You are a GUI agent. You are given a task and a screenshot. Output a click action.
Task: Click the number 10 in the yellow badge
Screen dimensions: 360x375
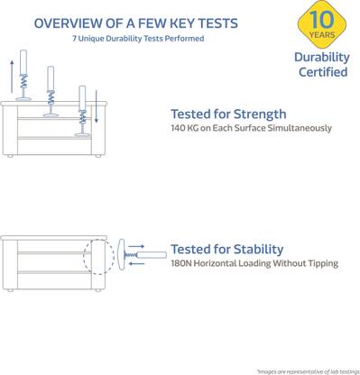(x=321, y=20)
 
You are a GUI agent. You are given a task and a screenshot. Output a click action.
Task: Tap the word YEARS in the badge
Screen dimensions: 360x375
(x=322, y=35)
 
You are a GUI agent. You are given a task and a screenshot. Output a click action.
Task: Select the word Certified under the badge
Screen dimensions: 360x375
(x=323, y=72)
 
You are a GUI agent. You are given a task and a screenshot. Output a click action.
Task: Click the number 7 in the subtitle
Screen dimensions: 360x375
(x=74, y=39)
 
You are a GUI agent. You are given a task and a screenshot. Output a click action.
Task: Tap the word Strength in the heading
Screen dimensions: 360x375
(x=260, y=114)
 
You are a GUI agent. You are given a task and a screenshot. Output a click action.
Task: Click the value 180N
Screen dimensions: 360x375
(x=181, y=263)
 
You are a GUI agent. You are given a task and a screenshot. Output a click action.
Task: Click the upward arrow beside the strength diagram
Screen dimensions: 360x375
(x=12, y=77)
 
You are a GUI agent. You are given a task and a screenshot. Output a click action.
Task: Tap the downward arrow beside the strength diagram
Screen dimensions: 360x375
(x=97, y=106)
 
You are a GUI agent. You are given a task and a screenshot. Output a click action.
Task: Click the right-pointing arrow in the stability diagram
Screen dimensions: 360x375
(x=136, y=246)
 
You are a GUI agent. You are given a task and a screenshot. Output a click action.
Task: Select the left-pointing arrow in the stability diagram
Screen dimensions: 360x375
(x=136, y=264)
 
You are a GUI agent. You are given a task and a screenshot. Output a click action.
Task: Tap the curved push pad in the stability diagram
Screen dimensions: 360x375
(x=121, y=254)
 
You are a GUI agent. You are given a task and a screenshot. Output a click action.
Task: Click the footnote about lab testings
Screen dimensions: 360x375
(x=309, y=372)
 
